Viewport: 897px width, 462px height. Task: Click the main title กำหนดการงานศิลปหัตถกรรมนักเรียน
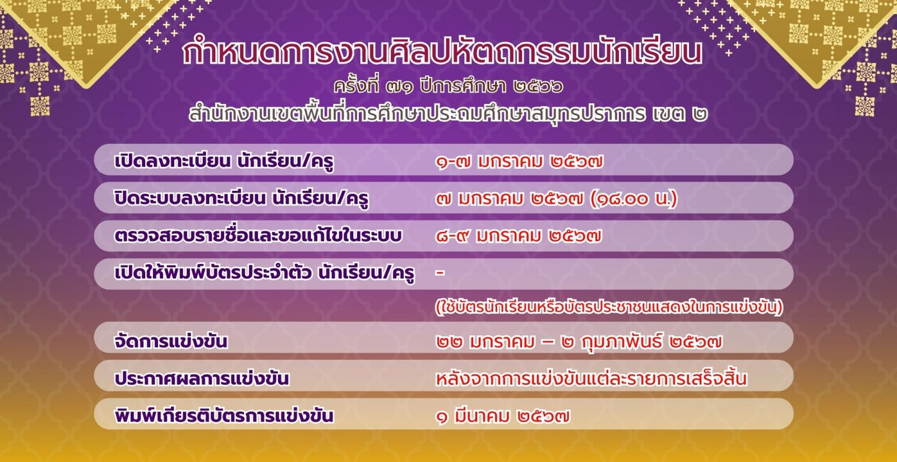pos(442,52)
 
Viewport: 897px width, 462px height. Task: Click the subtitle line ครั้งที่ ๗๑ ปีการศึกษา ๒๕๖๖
pos(449,86)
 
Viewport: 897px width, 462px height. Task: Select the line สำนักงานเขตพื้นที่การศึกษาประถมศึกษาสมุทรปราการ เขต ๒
pos(448,112)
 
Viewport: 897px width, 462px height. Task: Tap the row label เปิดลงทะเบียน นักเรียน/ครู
pos(224,161)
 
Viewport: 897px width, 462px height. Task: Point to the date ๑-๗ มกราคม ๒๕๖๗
pos(519,162)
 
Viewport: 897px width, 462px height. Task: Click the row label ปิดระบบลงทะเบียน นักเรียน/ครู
pos(242,199)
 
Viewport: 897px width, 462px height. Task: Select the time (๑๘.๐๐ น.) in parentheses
pos(634,199)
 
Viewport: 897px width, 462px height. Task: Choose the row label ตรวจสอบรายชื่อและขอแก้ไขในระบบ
pos(258,235)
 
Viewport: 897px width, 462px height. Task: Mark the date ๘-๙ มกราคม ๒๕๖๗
pos(519,236)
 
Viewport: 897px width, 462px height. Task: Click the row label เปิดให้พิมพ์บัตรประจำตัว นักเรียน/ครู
pos(264,273)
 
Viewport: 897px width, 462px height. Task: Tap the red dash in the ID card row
pos(440,273)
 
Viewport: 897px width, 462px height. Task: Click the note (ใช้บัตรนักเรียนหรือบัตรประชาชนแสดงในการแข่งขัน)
pos(609,307)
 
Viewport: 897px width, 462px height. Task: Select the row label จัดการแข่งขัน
pos(171,341)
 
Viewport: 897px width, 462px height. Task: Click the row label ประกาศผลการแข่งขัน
pos(202,378)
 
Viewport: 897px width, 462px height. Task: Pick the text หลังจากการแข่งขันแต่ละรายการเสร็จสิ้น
pos(591,378)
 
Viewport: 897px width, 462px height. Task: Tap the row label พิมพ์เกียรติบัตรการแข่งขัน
pos(224,415)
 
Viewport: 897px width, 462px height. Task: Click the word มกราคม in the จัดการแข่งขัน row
pos(502,342)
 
